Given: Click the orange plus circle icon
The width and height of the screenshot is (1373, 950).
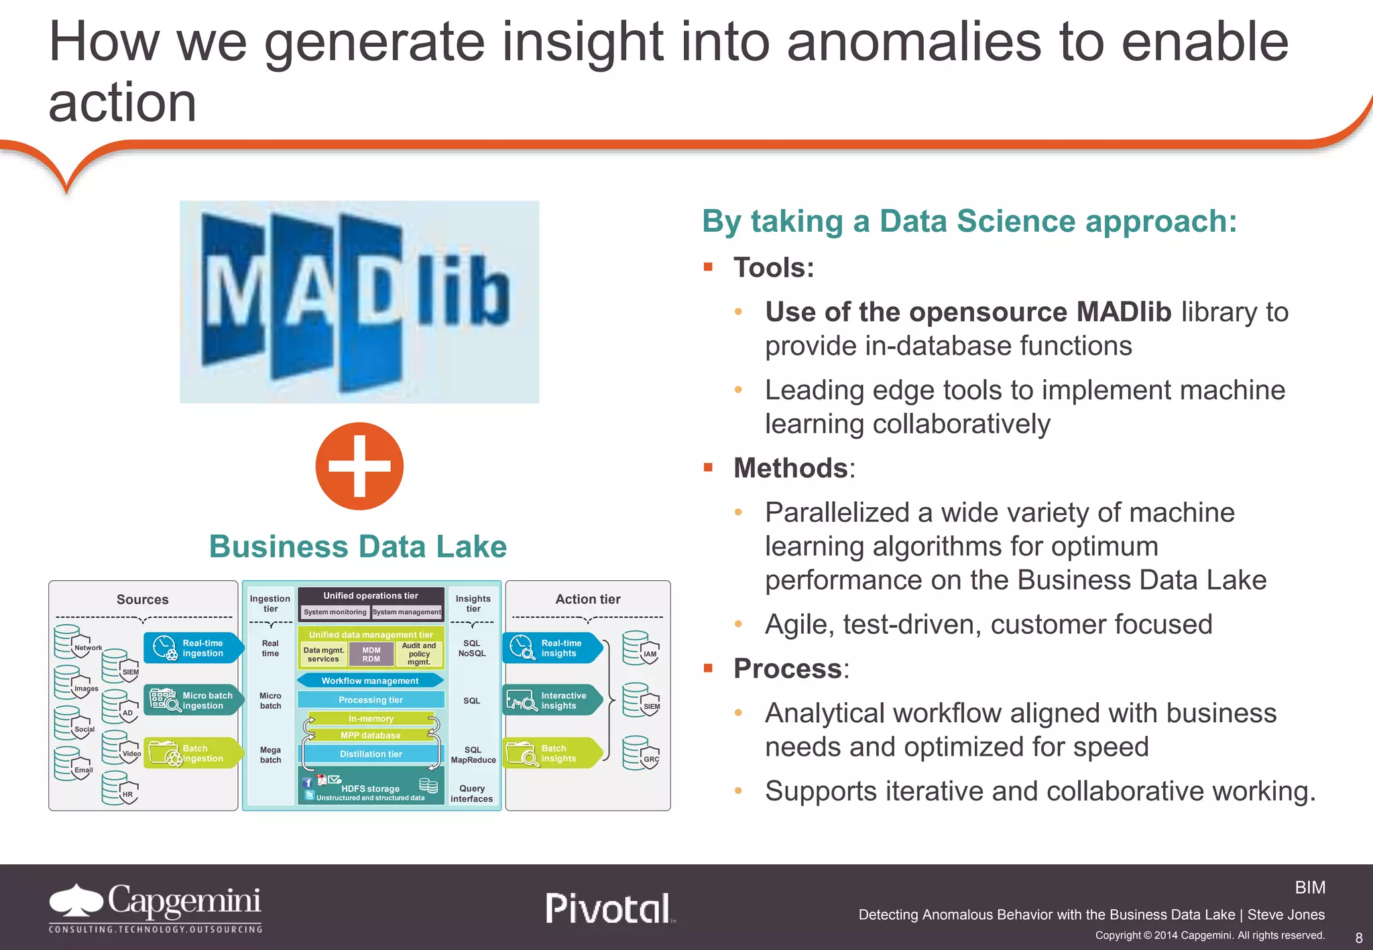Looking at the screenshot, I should tap(359, 466).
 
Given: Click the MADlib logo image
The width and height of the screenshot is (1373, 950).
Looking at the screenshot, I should tap(359, 301).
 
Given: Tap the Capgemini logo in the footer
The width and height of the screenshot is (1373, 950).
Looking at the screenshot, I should tap(156, 908).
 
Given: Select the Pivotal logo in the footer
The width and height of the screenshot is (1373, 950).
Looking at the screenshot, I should tap(609, 908).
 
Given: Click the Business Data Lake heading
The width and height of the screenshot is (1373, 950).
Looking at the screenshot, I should tap(358, 547).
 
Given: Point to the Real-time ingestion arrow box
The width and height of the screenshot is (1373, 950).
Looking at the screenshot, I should tap(193, 648).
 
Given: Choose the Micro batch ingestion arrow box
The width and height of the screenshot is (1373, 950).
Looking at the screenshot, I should tap(193, 701).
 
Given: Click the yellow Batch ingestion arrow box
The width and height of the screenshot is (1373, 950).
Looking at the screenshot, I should tap(193, 753).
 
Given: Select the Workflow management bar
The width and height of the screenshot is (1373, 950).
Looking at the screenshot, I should tap(370, 681).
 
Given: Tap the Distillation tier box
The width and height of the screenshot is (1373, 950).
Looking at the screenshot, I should tap(371, 754).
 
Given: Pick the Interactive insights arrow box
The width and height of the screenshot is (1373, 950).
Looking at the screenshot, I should tap(552, 701).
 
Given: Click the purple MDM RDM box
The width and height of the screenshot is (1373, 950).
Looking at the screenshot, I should tap(371, 655).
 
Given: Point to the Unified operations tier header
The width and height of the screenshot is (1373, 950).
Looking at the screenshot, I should tap(371, 596).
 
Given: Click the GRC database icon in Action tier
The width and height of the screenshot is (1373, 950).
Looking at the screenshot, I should tap(640, 754).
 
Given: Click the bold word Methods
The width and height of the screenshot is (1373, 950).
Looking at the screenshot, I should tap(790, 468).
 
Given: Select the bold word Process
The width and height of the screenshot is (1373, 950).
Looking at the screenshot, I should tap(788, 669).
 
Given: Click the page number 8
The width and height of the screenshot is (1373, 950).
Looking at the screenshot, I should tap(1359, 938).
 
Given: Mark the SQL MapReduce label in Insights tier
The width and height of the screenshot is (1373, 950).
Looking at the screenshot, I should tap(473, 755).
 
